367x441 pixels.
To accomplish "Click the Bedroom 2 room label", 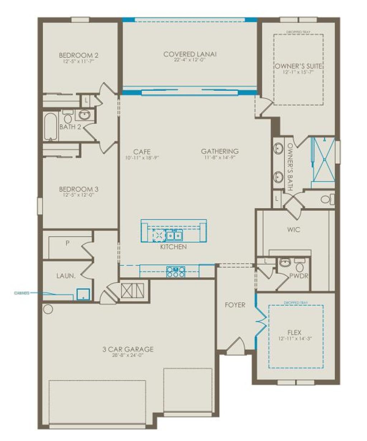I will click(78, 55).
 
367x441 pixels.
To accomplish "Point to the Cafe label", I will click(142, 152).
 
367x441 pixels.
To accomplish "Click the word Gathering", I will click(219, 151).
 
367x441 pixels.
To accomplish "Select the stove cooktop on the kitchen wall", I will click(176, 271).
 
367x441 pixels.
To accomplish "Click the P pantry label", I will click(67, 243).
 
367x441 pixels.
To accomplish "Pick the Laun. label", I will click(66, 276).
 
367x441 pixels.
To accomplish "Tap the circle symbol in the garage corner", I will click(48, 309).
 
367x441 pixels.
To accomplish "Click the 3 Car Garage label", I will click(128, 349).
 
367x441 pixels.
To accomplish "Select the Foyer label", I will click(235, 305).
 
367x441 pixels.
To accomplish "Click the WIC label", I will click(294, 229).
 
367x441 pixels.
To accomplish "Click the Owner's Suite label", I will click(298, 66).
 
